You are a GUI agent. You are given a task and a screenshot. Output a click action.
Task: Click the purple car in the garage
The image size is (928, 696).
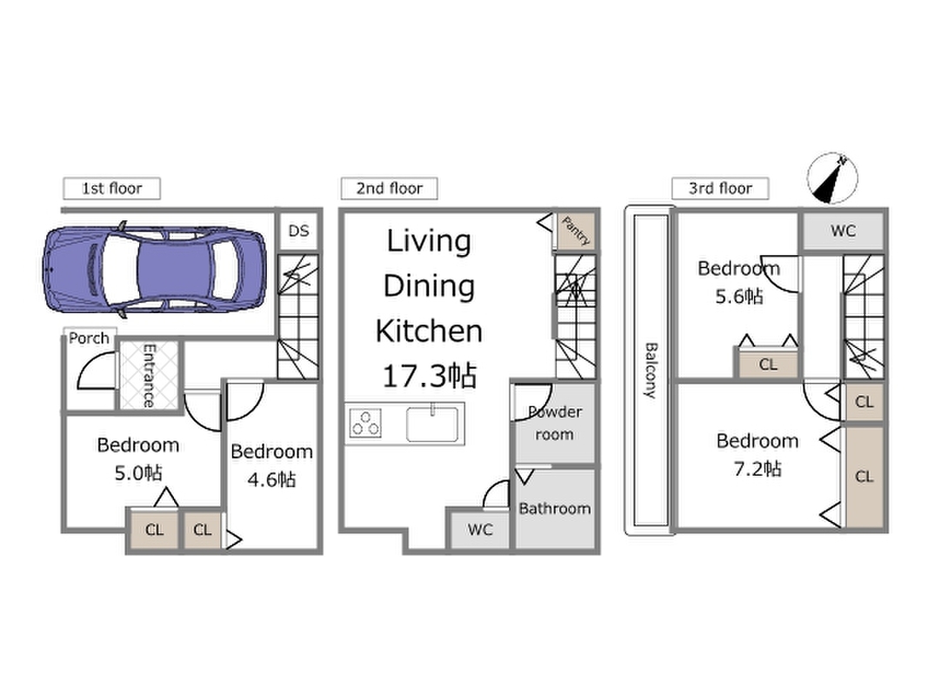click(155, 270)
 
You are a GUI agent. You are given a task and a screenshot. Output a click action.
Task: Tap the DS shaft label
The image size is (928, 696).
click(299, 231)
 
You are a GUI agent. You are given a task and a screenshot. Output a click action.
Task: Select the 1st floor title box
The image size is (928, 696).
click(112, 188)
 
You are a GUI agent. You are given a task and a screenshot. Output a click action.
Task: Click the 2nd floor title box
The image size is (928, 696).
click(390, 188)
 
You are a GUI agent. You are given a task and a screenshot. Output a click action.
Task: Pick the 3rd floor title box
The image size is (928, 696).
click(720, 188)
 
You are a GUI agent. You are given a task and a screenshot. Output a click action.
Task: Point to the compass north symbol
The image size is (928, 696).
click(832, 177)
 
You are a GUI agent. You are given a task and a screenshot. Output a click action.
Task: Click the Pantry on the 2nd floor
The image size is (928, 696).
click(575, 231)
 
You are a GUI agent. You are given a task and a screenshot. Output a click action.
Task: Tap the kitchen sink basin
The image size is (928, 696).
click(432, 425)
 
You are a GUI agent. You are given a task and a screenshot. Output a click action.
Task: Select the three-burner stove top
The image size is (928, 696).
click(365, 424)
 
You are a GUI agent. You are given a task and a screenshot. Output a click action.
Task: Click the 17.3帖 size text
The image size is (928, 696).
click(430, 376)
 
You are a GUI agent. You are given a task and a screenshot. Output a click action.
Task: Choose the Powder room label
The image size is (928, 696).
click(555, 423)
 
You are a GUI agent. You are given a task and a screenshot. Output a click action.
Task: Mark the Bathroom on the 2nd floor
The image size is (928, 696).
click(555, 508)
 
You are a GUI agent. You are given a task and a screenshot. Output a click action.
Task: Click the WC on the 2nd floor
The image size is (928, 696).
click(480, 529)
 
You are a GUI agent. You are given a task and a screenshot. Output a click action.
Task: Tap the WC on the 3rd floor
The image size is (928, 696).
click(843, 231)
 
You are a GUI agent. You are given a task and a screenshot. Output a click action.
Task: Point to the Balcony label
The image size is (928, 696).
click(651, 370)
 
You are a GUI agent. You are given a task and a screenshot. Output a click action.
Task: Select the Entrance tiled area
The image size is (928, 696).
click(149, 375)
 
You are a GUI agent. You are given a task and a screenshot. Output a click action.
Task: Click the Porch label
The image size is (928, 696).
click(89, 338)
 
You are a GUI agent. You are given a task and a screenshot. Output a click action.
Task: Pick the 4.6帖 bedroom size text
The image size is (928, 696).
click(271, 478)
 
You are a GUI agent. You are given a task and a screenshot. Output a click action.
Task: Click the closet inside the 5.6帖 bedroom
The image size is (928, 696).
click(768, 364)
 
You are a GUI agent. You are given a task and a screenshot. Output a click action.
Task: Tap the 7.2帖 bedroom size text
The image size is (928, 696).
click(758, 469)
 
